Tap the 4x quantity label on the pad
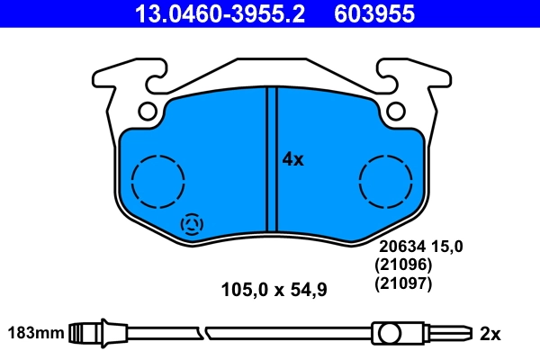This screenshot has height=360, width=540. point(293,159)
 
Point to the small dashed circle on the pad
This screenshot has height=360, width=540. point(193,225)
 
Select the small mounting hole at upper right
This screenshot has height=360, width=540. point(394,112)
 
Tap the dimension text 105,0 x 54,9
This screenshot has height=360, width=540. point(274,290)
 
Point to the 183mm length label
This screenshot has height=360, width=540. point(36,333)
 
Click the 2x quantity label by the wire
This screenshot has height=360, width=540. point(490,334)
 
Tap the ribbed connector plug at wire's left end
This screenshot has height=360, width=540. point(88,333)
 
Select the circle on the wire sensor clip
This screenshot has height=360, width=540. point(389,334)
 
